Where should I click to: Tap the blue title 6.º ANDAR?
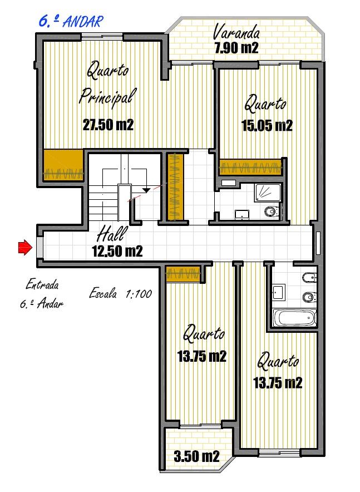(x=71, y=21)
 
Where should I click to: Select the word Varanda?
(x=236, y=32)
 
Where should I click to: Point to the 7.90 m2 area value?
(x=236, y=48)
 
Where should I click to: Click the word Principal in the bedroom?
(x=107, y=97)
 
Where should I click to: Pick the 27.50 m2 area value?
(x=108, y=125)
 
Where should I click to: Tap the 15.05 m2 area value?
(x=267, y=126)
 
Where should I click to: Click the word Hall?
(x=112, y=234)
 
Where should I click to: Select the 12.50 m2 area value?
(x=117, y=251)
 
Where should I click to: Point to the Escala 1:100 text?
(x=121, y=294)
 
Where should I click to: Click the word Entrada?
(x=42, y=285)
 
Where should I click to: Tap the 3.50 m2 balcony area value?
(x=196, y=456)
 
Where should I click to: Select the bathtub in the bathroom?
(x=294, y=318)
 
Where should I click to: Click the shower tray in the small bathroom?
(x=268, y=192)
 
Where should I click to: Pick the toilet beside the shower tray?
(x=272, y=211)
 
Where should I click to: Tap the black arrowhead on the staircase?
(x=146, y=190)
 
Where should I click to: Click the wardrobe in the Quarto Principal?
(x=63, y=165)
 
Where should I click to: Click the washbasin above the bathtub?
(x=278, y=292)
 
